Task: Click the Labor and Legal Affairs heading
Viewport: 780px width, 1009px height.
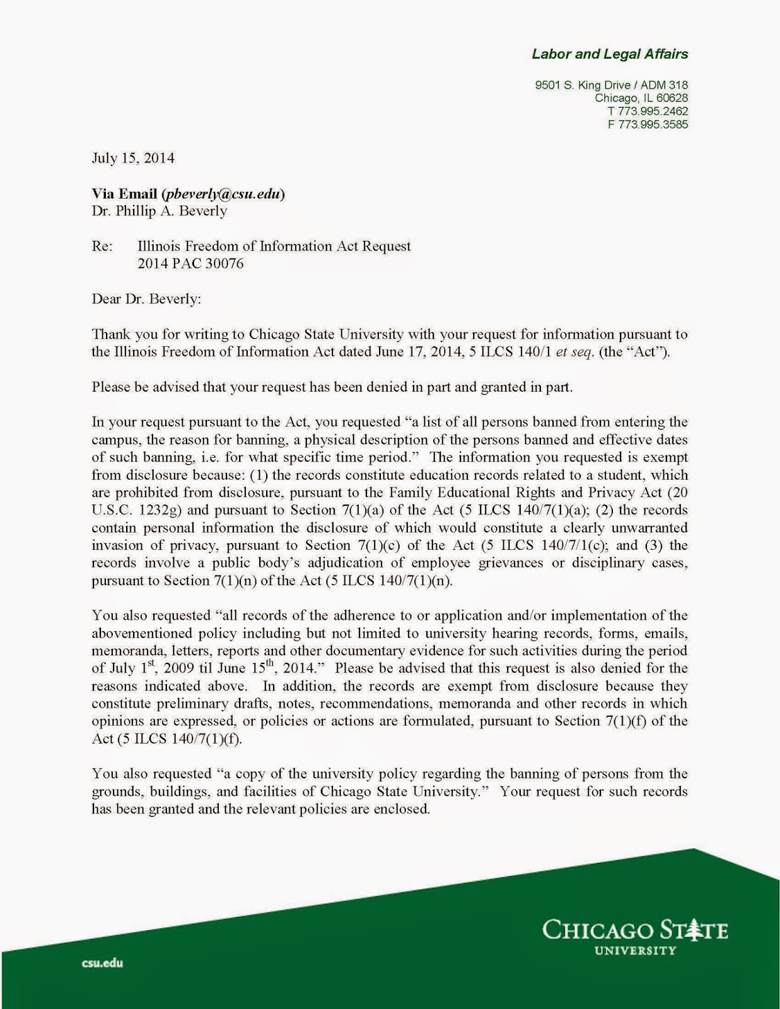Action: pos(609,54)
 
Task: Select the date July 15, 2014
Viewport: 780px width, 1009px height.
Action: pos(133,158)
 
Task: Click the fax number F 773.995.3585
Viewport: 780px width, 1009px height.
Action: pos(648,124)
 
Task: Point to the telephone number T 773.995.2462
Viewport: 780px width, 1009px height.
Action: pos(648,111)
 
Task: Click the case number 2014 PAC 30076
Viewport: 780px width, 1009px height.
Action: pos(190,264)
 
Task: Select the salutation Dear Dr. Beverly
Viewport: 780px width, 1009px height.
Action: pos(146,299)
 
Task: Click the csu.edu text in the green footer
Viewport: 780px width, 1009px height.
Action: pos(102,963)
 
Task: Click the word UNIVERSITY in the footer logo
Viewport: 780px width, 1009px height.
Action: pos(636,950)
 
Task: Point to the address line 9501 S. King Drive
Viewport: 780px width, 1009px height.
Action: pos(611,85)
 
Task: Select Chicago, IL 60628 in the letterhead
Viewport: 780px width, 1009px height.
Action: pos(641,98)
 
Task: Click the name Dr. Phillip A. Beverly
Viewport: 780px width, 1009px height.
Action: pos(160,211)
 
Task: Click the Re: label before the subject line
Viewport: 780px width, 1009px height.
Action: pos(102,246)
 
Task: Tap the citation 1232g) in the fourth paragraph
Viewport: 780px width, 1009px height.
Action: pos(166,510)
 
